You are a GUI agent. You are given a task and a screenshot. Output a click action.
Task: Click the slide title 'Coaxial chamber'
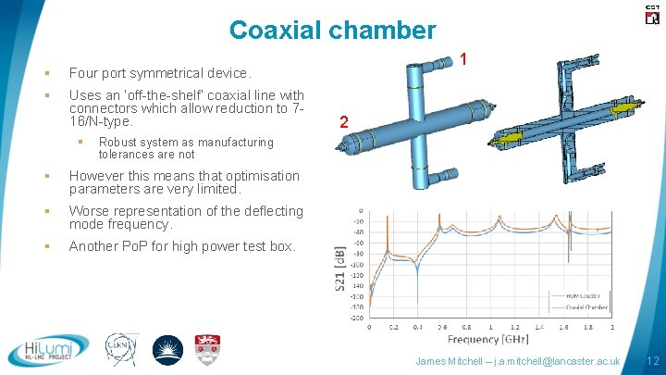tap(332, 30)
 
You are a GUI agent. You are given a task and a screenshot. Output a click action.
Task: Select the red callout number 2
tap(343, 122)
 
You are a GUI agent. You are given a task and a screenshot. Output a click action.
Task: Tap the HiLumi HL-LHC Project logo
tap(49, 350)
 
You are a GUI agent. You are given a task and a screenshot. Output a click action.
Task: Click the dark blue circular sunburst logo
tap(166, 350)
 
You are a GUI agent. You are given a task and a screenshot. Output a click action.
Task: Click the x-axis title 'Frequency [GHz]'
tap(489, 339)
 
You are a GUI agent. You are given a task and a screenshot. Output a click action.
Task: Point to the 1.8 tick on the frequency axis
tap(588, 327)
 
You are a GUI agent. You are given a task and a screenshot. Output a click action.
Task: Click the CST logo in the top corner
tap(651, 13)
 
